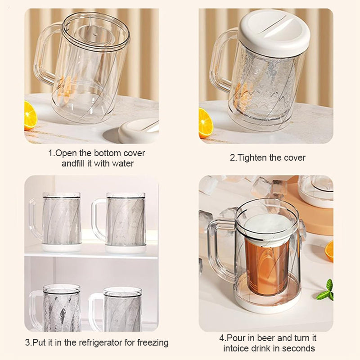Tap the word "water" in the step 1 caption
click(x=123, y=163)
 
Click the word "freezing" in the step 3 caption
click(x=153, y=342)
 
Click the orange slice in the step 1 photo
click(x=30, y=116)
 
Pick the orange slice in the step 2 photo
click(x=205, y=123)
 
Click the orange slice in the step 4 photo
click(x=329, y=251)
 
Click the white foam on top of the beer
click(x=266, y=227)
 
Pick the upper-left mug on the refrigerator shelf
click(x=55, y=222)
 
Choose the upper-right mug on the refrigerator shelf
click(x=119, y=223)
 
